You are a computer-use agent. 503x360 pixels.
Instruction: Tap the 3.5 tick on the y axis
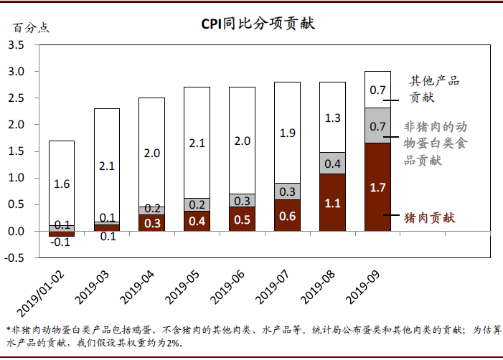[16, 45]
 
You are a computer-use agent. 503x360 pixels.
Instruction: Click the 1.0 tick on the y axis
[16, 178]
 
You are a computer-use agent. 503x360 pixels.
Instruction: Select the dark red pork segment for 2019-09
[377, 186]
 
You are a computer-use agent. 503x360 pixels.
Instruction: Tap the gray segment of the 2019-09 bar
[377, 125]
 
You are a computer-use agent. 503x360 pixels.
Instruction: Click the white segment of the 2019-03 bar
[107, 165]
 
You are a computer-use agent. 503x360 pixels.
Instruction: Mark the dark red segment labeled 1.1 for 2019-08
[332, 202]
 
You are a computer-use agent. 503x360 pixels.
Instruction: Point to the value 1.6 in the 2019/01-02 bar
[62, 184]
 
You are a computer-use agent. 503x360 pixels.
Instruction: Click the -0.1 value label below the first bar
[62, 242]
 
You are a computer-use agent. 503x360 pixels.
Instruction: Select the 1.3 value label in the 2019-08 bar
[332, 118]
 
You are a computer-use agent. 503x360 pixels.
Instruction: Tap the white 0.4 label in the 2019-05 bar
[197, 220]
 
